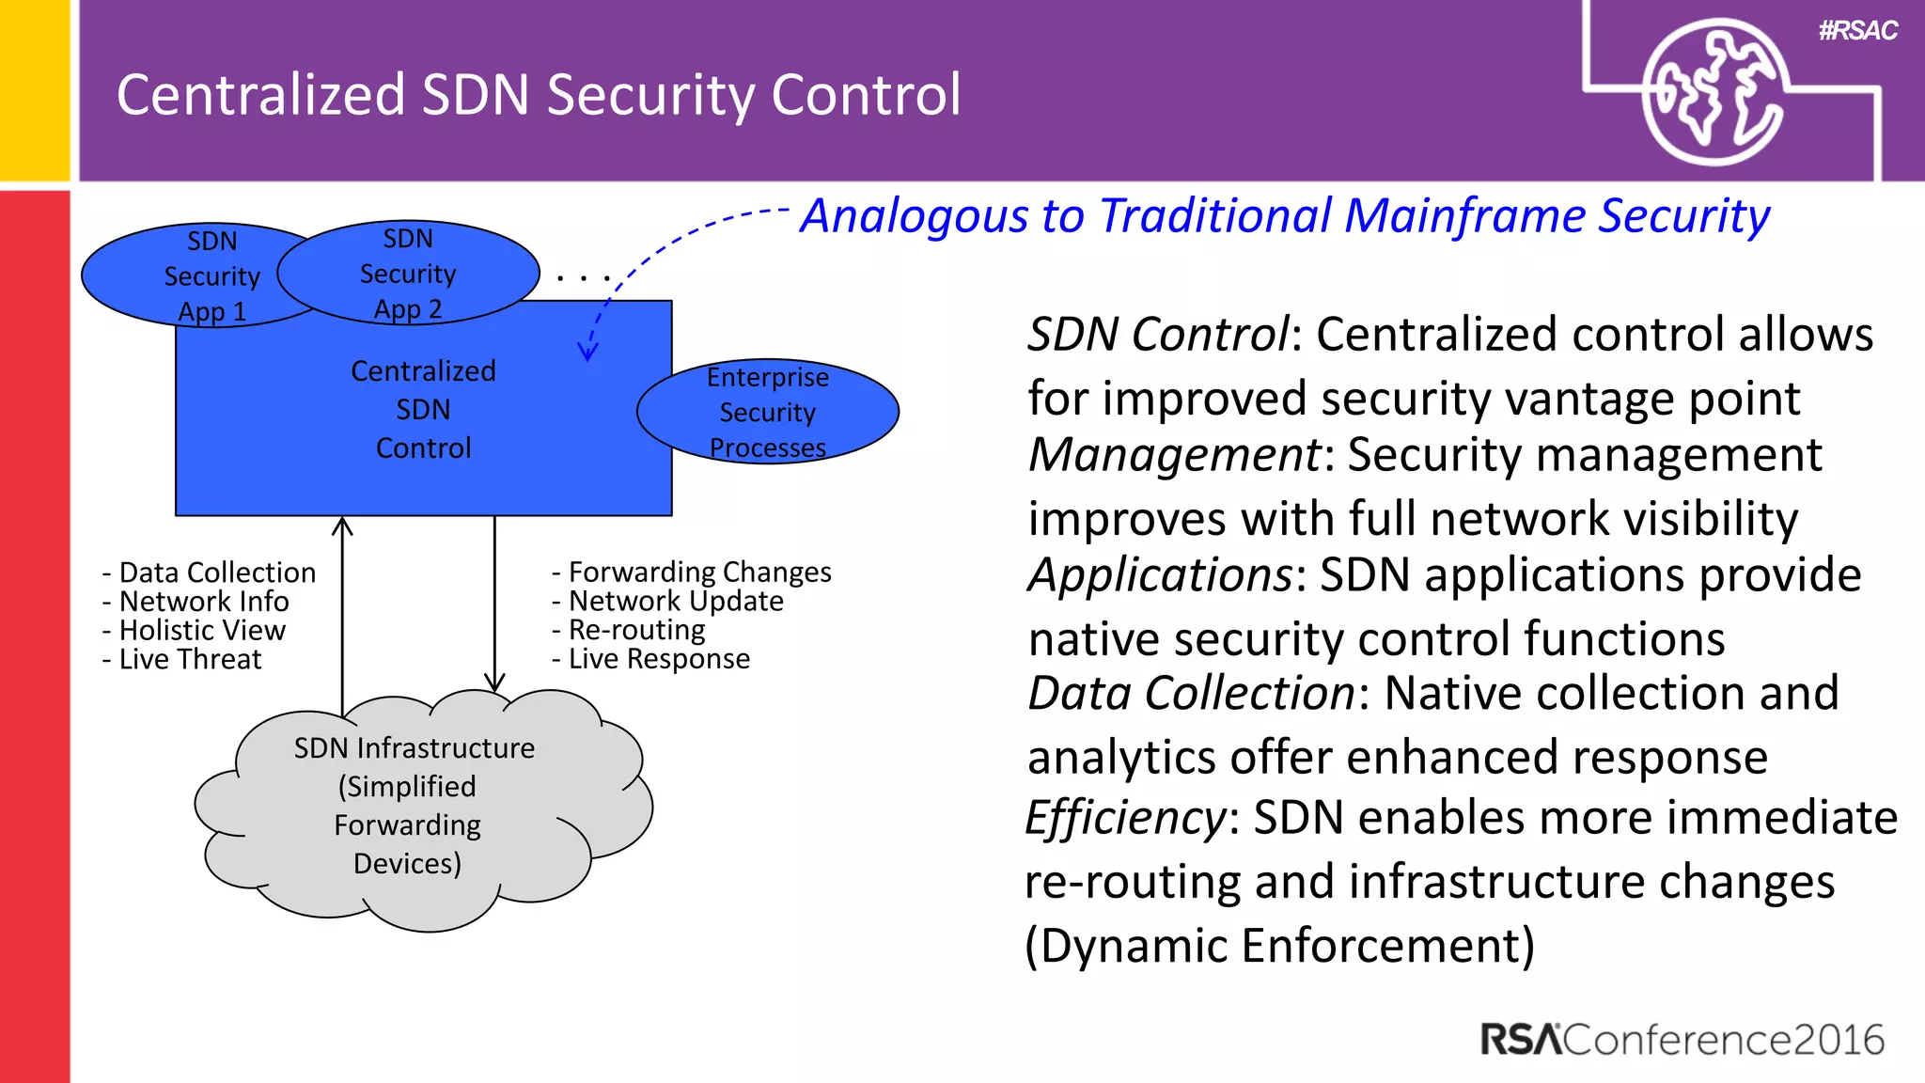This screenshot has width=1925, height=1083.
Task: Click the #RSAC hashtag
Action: [1857, 31]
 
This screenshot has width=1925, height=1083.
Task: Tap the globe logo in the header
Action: [1713, 93]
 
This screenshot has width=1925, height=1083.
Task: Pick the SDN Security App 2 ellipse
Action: [408, 274]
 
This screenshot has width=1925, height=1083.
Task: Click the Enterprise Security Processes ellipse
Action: [768, 412]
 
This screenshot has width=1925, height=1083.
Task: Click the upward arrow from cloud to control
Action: [342, 611]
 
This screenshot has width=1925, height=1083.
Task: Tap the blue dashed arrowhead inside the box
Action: [587, 353]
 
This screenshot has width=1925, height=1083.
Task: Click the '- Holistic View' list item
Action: [194, 630]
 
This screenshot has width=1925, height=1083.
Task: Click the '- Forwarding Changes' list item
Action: [691, 572]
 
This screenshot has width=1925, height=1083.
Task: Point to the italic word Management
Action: [1174, 455]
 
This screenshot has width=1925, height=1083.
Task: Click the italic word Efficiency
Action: [1125, 817]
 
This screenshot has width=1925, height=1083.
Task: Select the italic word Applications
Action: [1161, 574]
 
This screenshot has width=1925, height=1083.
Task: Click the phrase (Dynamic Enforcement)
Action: [1279, 945]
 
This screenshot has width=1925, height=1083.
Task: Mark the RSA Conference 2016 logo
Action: [1682, 1040]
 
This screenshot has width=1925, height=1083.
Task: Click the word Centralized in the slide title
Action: [260, 95]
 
